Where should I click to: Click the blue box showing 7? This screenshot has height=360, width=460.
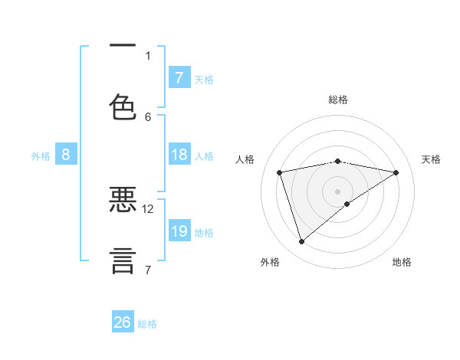(179, 78)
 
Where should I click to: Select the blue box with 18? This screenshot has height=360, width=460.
(179, 155)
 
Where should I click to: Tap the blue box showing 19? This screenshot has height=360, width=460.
(179, 231)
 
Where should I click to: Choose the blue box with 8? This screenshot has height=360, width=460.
(66, 155)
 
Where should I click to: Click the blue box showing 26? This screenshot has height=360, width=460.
(123, 322)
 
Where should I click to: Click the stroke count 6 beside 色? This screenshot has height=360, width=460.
(148, 116)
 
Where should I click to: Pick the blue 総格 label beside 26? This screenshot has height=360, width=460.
(147, 324)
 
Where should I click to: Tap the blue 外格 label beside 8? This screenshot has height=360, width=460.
(41, 156)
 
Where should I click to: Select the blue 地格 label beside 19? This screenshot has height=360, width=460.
(204, 233)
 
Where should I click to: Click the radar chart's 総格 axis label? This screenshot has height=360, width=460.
(338, 100)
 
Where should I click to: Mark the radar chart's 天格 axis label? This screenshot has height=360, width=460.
(431, 159)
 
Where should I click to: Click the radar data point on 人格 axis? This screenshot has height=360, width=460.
(280, 172)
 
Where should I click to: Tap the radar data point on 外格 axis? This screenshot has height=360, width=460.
(302, 242)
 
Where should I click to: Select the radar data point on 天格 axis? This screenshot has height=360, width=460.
(396, 172)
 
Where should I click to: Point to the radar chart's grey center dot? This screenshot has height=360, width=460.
(338, 190)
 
